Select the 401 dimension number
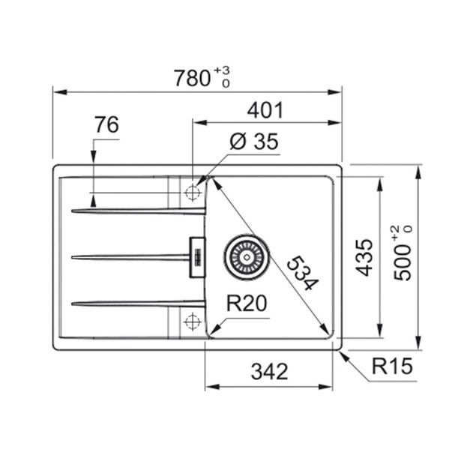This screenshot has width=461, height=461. (x=265, y=110)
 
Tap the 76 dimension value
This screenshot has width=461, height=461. (x=106, y=124)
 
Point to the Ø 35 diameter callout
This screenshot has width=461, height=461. (x=253, y=142)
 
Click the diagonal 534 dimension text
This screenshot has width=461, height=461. (x=303, y=273)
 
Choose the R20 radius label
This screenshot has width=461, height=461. (x=247, y=303)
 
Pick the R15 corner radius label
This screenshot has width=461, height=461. (x=392, y=366)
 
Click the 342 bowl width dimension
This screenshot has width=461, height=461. (x=269, y=371)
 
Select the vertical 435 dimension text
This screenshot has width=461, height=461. (x=364, y=258)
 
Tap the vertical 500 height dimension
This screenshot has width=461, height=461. (x=403, y=253)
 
